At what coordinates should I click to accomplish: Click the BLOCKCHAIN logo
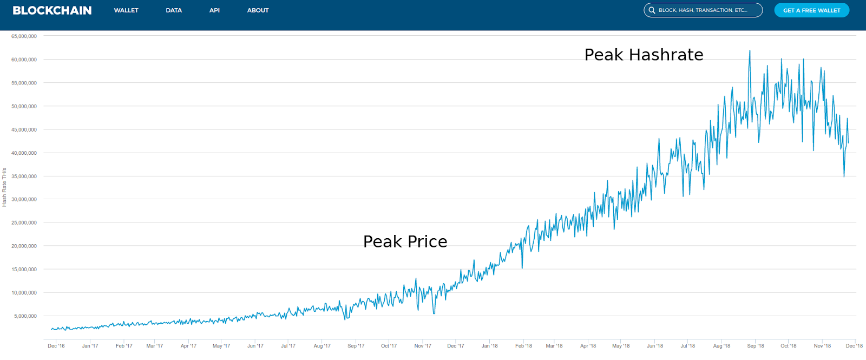[x=52, y=10]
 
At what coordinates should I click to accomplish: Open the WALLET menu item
[x=126, y=10]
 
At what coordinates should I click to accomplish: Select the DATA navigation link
[x=174, y=10]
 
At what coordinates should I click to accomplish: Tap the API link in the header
[x=214, y=10]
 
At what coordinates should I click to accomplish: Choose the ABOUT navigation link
[x=258, y=10]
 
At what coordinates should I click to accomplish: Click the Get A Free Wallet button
[x=811, y=10]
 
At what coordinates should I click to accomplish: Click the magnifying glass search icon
[x=652, y=10]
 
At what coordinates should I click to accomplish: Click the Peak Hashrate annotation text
[x=644, y=55]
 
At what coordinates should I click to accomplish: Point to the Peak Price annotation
[x=405, y=242]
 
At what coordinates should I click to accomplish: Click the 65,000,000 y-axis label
[x=24, y=36]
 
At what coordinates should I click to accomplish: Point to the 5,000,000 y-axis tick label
[x=25, y=316]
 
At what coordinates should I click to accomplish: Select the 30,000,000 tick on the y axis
[x=24, y=199]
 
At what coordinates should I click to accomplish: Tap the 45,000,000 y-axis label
[x=24, y=129]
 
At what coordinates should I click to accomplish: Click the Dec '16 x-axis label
[x=56, y=346]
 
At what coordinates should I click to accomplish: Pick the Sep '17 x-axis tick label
[x=356, y=346]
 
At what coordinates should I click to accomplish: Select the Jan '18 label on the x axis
[x=489, y=346]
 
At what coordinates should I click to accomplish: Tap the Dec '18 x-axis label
[x=854, y=346]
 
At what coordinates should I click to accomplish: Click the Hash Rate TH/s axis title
[x=4, y=187]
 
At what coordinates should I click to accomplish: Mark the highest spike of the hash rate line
[x=750, y=50]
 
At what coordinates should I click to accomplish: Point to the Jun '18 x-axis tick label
[x=654, y=346]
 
